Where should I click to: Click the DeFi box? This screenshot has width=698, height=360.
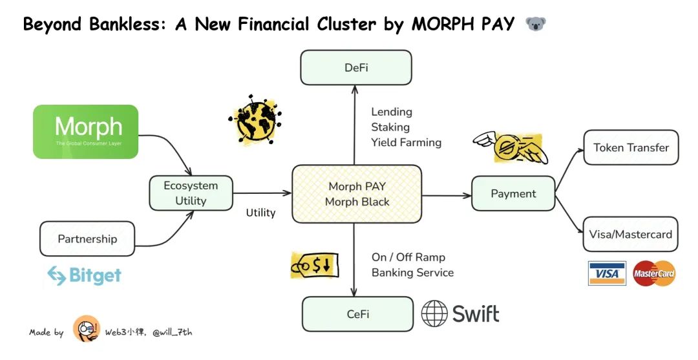(x=356, y=67)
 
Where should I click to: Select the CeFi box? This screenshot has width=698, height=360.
(x=357, y=313)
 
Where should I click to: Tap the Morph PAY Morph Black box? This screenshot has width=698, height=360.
(x=357, y=194)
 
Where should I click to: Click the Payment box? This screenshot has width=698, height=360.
(x=513, y=193)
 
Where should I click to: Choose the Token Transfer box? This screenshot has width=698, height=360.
(x=631, y=147)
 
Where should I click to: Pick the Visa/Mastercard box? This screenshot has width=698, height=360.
(x=631, y=234)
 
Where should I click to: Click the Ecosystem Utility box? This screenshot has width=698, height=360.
(x=191, y=193)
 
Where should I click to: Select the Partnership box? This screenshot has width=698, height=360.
(x=87, y=238)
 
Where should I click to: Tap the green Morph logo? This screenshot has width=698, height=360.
(x=86, y=132)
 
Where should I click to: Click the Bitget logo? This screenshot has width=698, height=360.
(x=84, y=276)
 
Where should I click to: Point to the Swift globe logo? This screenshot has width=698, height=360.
(x=435, y=313)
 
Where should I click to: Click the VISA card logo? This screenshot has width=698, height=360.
(x=607, y=273)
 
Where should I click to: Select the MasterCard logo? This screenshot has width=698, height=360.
(x=654, y=273)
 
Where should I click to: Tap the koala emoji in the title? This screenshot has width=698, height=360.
(x=536, y=25)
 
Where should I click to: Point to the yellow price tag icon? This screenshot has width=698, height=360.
(x=315, y=265)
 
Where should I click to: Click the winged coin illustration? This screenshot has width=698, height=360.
(x=511, y=148)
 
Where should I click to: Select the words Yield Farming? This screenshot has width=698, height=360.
(x=406, y=142)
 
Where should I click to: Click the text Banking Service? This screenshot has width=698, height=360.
(x=412, y=272)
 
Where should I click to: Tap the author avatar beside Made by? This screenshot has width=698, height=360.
(x=87, y=330)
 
